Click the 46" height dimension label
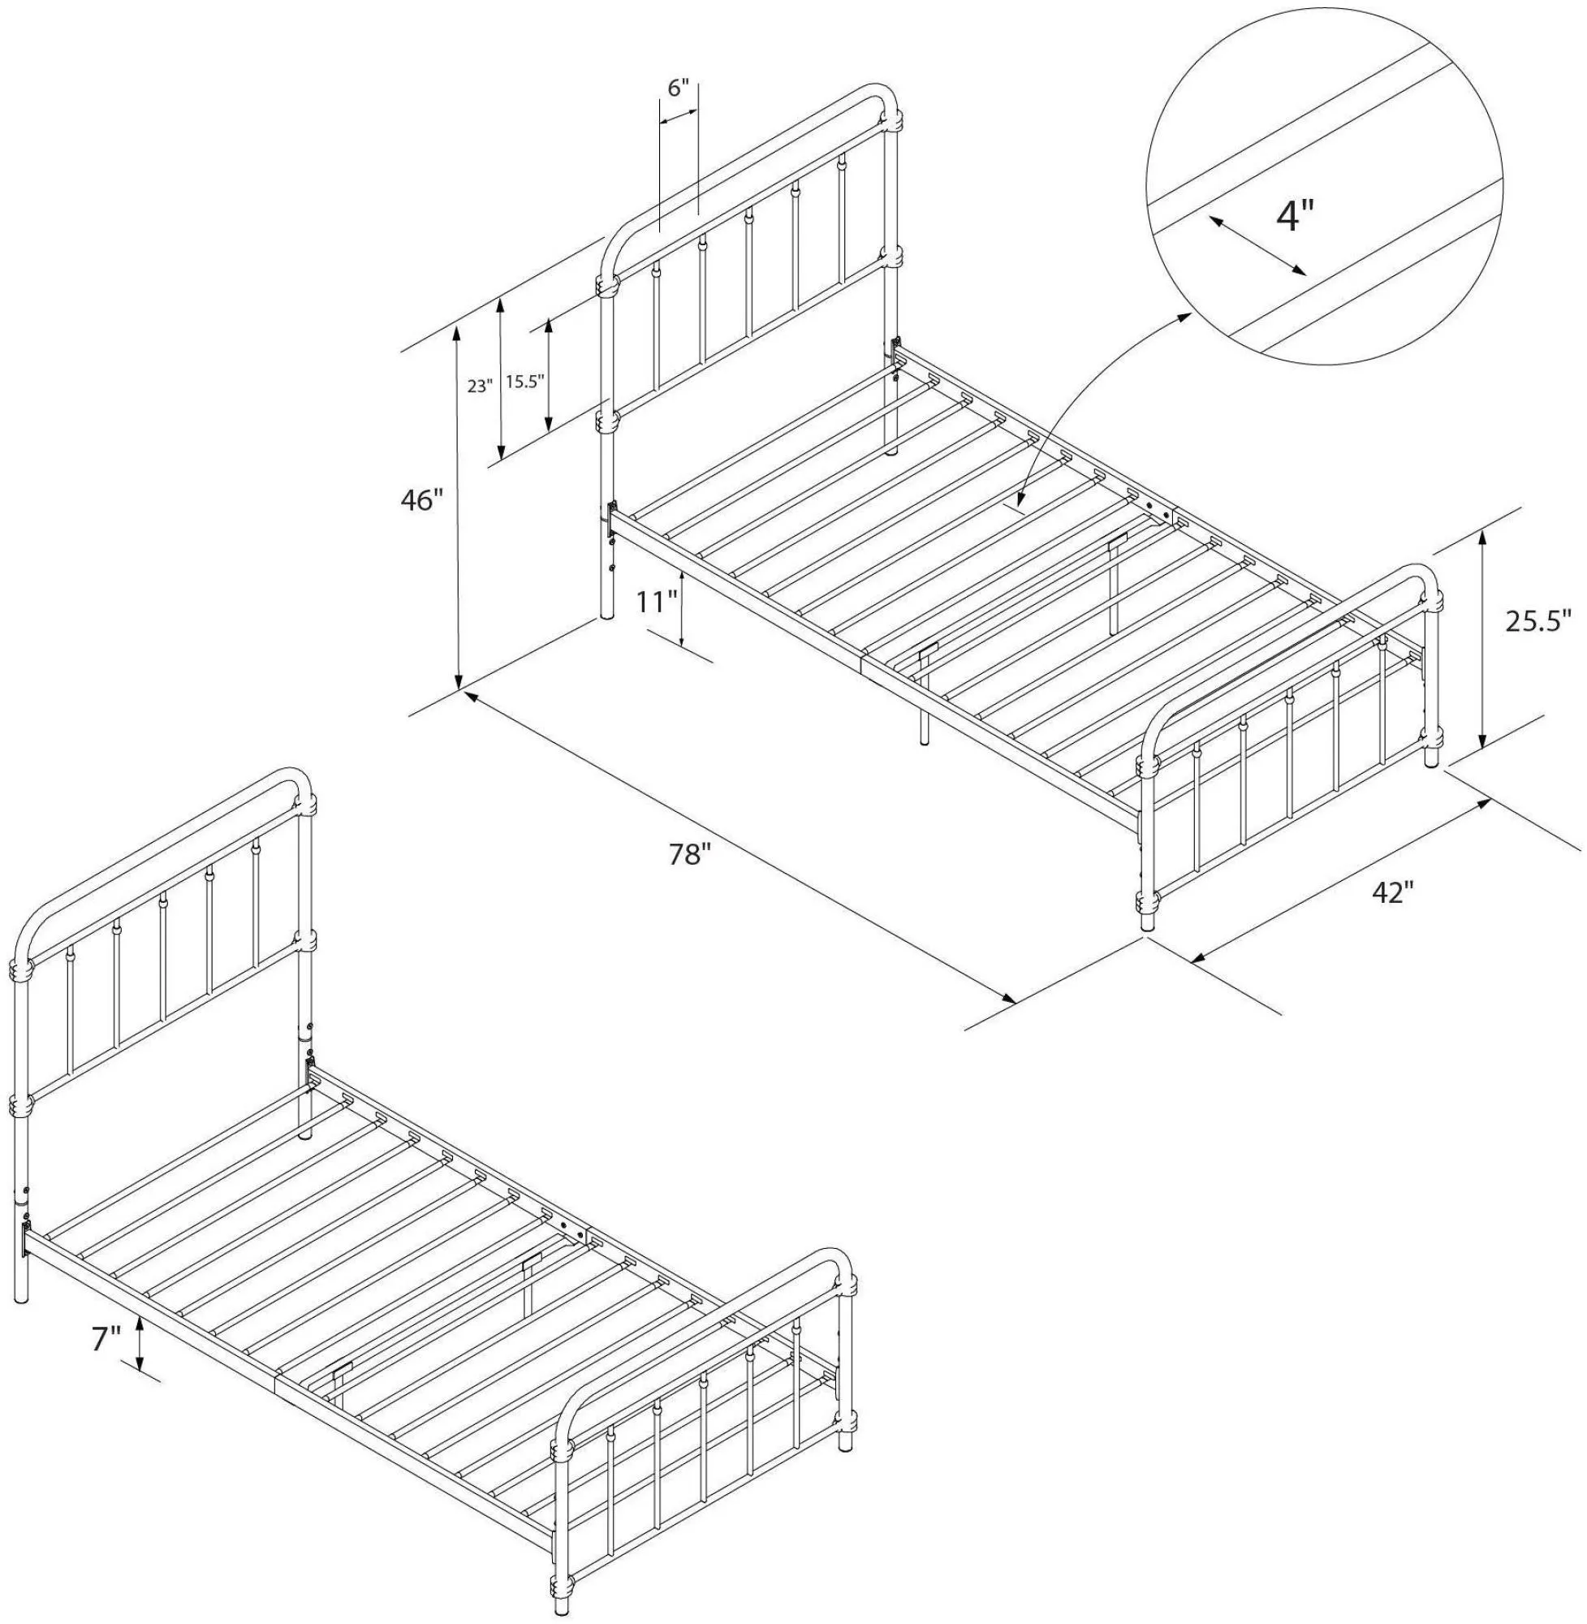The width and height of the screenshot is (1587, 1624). click(x=419, y=500)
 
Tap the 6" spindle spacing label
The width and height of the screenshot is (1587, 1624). click(x=679, y=89)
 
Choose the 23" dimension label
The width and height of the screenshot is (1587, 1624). click(x=479, y=386)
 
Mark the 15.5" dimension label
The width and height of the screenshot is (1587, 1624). click(x=524, y=382)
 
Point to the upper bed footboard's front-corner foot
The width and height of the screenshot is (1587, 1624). click(x=1148, y=918)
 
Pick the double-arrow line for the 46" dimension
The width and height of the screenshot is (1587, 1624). click(x=458, y=508)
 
